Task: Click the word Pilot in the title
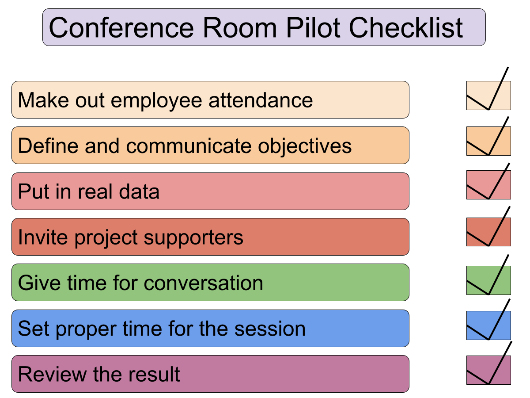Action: pos(313,27)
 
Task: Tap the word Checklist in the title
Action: pos(405,27)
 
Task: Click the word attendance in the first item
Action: pos(261,100)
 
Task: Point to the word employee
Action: pos(156,101)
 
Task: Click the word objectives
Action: pos(305,146)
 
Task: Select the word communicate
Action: pos(189,146)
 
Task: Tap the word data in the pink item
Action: pos(139,191)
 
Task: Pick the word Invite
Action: pos(43,237)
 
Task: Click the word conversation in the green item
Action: pos(203,283)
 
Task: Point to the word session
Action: pos(270,329)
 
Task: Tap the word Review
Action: pos(52,374)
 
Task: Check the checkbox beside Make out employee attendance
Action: pos(488,96)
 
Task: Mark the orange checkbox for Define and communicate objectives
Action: pos(488,141)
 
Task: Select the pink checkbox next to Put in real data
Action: pos(488,185)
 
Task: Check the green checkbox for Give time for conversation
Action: pos(488,280)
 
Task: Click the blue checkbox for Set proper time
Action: pos(488,325)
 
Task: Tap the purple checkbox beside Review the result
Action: pos(488,370)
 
